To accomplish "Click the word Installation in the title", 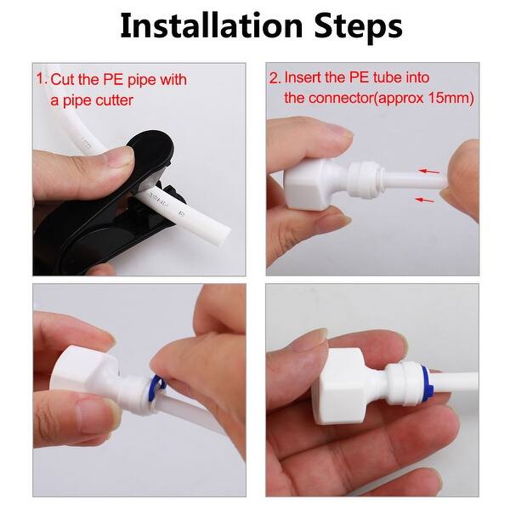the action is (x=212, y=26).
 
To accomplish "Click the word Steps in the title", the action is (x=359, y=27).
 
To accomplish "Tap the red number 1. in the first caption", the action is (x=42, y=79).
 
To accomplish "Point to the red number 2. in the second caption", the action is (x=275, y=77).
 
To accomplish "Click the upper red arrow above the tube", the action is (x=429, y=171).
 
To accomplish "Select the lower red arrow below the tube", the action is (x=424, y=200).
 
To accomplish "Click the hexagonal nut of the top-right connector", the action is (x=307, y=184).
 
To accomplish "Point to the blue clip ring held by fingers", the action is (x=159, y=384).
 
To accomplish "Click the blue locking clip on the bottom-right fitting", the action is (x=428, y=379).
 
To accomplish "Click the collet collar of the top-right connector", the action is (x=365, y=179).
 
